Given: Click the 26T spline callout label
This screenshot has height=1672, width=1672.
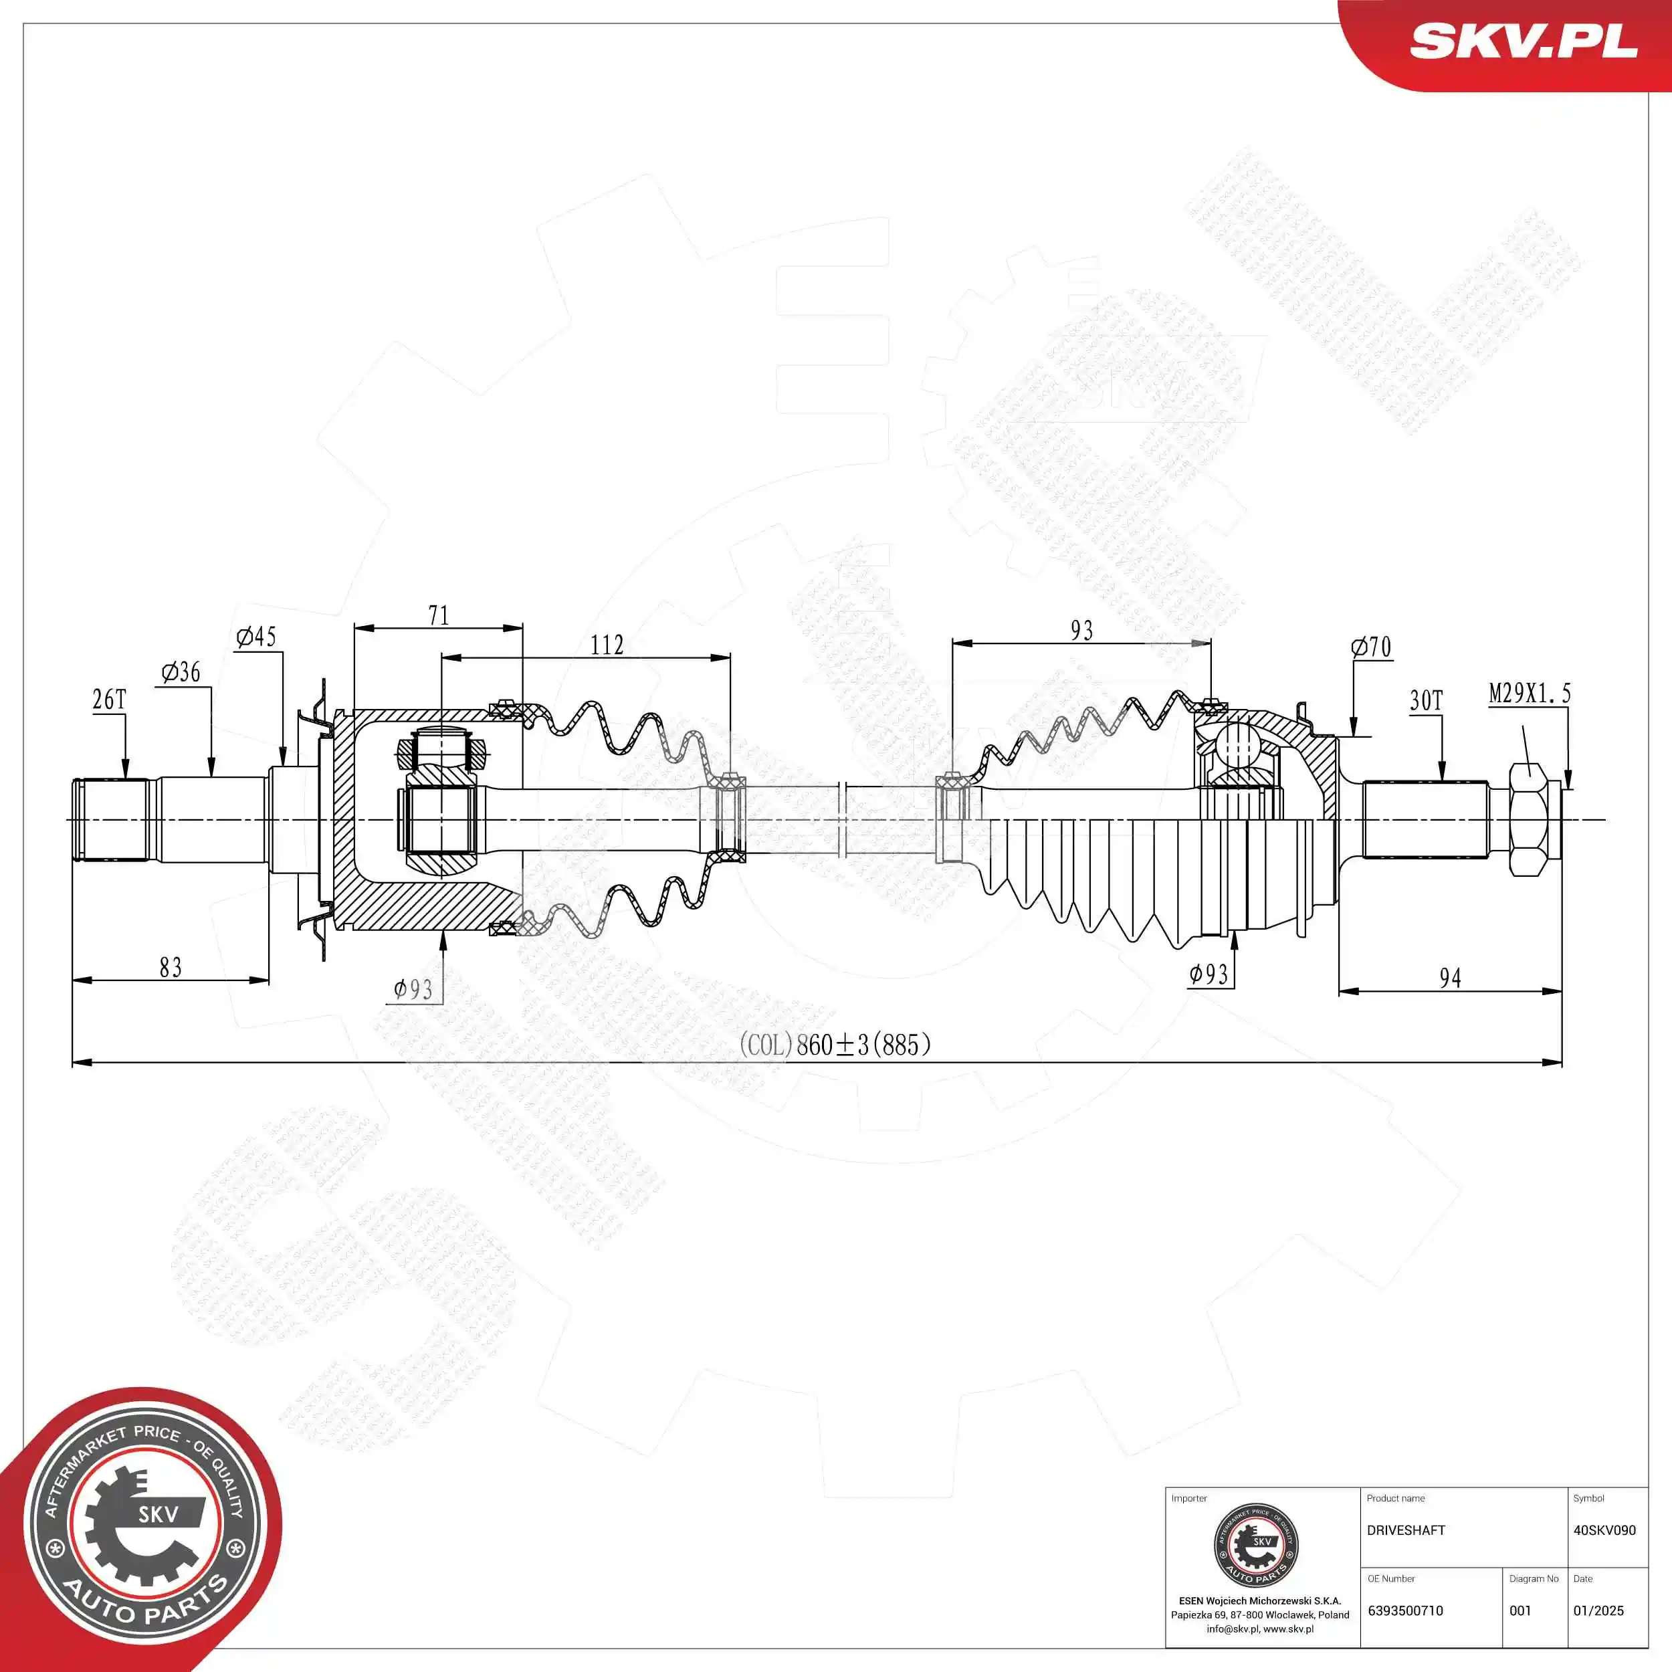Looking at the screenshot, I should (109, 700).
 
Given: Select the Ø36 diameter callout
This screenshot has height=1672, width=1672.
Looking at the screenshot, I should (181, 671).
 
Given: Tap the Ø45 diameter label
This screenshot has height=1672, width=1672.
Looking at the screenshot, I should (256, 637).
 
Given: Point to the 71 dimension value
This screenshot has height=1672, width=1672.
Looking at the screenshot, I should (439, 615).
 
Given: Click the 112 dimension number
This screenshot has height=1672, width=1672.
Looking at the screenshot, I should (607, 645).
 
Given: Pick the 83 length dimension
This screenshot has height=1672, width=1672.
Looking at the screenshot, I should (171, 966).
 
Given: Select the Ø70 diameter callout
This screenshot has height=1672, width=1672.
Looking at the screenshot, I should (1371, 647).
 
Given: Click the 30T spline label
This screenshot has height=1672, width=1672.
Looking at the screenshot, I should (1427, 700).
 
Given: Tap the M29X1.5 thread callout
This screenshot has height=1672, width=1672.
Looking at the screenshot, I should (1529, 693).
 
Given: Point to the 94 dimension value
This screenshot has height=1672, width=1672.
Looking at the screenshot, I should (1451, 978).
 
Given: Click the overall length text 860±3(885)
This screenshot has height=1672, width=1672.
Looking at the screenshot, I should (835, 1045).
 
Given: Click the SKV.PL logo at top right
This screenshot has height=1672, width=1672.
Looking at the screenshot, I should (1523, 41).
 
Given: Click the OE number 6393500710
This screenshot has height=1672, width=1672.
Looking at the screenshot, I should (1405, 1610).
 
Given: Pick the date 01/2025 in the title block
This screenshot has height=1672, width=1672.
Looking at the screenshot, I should (1598, 1610).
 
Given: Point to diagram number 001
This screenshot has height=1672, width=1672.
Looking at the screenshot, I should (1521, 1610).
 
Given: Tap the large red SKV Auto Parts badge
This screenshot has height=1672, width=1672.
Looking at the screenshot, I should (143, 1532).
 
